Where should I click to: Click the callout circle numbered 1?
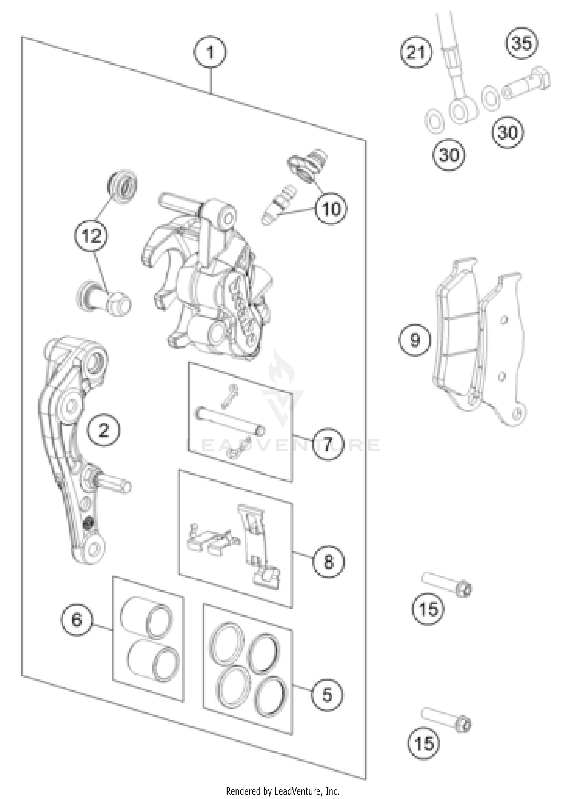[210, 52]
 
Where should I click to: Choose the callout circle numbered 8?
[328, 562]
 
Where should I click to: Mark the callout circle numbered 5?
[327, 695]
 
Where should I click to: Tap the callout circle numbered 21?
[416, 52]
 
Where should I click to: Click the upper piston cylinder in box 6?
[146, 617]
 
